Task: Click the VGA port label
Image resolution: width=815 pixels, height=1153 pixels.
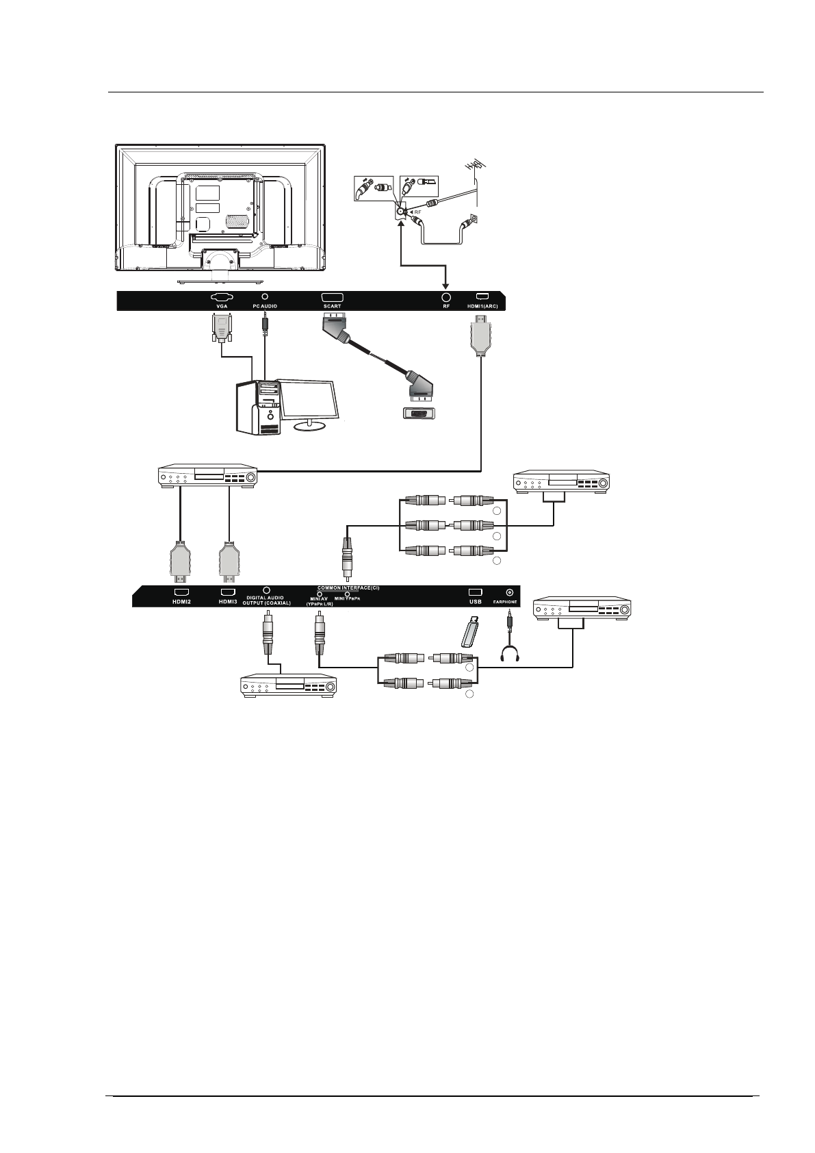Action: [222, 307]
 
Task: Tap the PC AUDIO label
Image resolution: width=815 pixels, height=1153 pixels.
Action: [265, 307]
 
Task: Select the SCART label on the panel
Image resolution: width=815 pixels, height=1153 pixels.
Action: [332, 307]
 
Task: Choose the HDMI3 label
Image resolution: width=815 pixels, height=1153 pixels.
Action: [227, 602]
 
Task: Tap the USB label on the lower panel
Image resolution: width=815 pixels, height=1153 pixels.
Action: [476, 602]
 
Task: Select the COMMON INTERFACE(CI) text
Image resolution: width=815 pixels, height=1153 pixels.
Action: [357, 588]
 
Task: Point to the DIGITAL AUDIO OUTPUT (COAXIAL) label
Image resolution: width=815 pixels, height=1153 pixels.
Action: [267, 600]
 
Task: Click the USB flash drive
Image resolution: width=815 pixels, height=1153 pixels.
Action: [469, 631]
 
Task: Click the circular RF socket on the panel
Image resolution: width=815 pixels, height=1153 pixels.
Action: [446, 298]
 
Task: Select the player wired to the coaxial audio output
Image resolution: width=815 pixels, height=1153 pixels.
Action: [289, 685]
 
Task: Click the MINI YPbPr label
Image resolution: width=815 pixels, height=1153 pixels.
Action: [348, 598]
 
